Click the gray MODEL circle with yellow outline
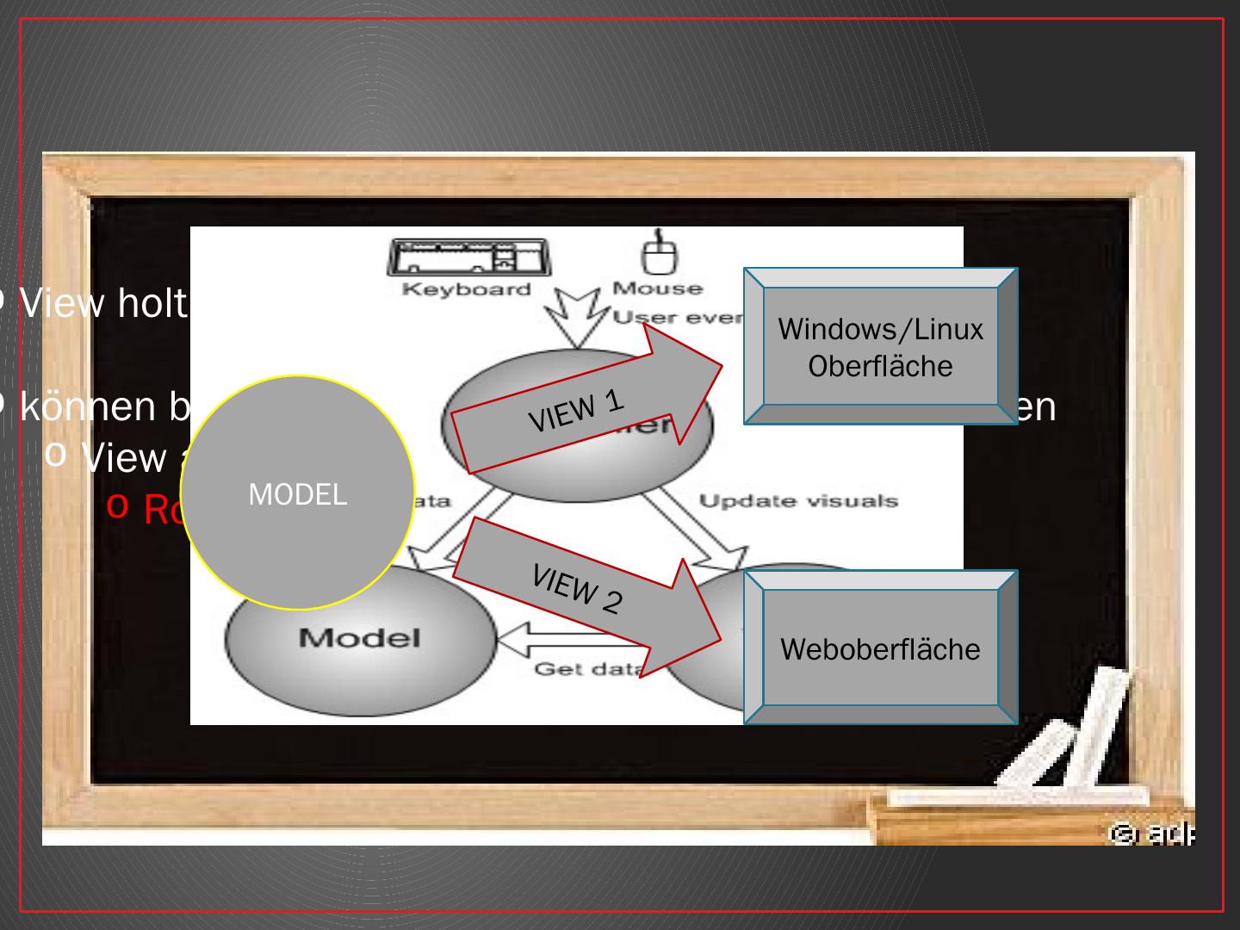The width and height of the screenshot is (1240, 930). click(x=297, y=493)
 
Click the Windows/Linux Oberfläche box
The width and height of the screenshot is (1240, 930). click(x=880, y=347)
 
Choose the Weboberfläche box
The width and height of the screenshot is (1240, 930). click(x=880, y=648)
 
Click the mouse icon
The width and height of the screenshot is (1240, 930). click(x=660, y=254)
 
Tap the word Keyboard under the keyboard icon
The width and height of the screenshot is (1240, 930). click(x=467, y=289)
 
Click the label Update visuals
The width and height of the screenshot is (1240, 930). click(x=798, y=501)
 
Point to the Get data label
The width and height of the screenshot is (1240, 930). click(x=586, y=669)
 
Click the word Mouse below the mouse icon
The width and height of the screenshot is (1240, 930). click(x=657, y=288)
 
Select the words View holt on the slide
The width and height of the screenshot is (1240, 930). click(x=103, y=303)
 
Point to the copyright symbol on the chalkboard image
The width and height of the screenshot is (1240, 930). click(x=1120, y=833)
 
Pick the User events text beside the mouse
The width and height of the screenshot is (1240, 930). click(x=679, y=318)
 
